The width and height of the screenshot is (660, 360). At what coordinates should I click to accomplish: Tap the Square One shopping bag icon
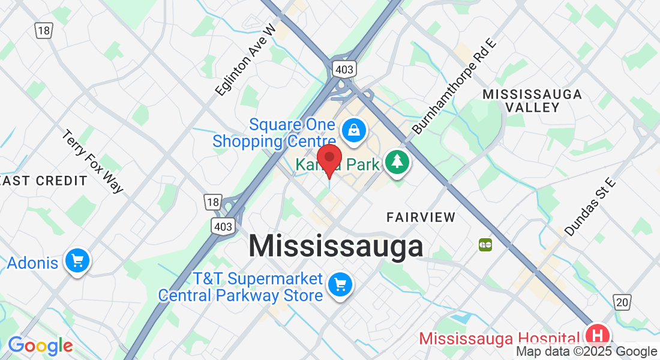tap(354, 129)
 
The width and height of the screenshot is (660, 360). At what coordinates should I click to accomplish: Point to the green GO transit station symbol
tap(485, 245)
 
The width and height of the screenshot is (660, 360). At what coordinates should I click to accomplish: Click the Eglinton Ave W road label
tap(245, 59)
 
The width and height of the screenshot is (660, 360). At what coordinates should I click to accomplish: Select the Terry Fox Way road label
tap(92, 161)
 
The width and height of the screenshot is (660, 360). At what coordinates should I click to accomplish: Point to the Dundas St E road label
tap(590, 206)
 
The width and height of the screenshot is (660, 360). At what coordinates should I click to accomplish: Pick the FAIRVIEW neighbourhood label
tap(421, 217)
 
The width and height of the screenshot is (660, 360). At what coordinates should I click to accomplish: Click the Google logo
tap(40, 346)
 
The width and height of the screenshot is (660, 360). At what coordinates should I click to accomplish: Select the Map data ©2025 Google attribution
tap(587, 352)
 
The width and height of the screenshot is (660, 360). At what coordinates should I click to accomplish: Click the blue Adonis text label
tap(32, 263)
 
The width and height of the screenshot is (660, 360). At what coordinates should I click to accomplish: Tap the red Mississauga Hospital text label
tap(500, 338)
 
